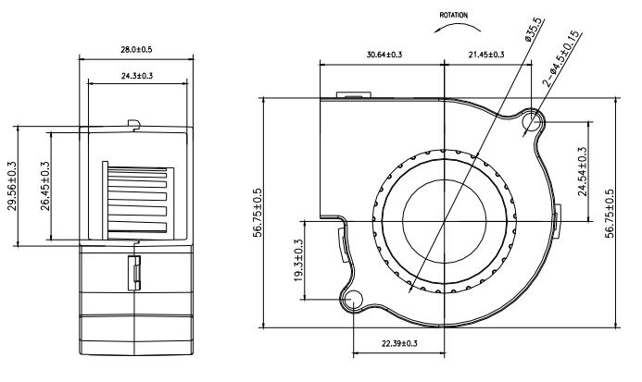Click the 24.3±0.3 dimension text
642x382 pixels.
coord(135,75)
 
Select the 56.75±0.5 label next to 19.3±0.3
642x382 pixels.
coord(257,214)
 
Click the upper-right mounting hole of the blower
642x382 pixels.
coord(534,121)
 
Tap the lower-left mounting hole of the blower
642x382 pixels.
coord(354,299)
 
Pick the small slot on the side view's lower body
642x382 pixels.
coord(135,272)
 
